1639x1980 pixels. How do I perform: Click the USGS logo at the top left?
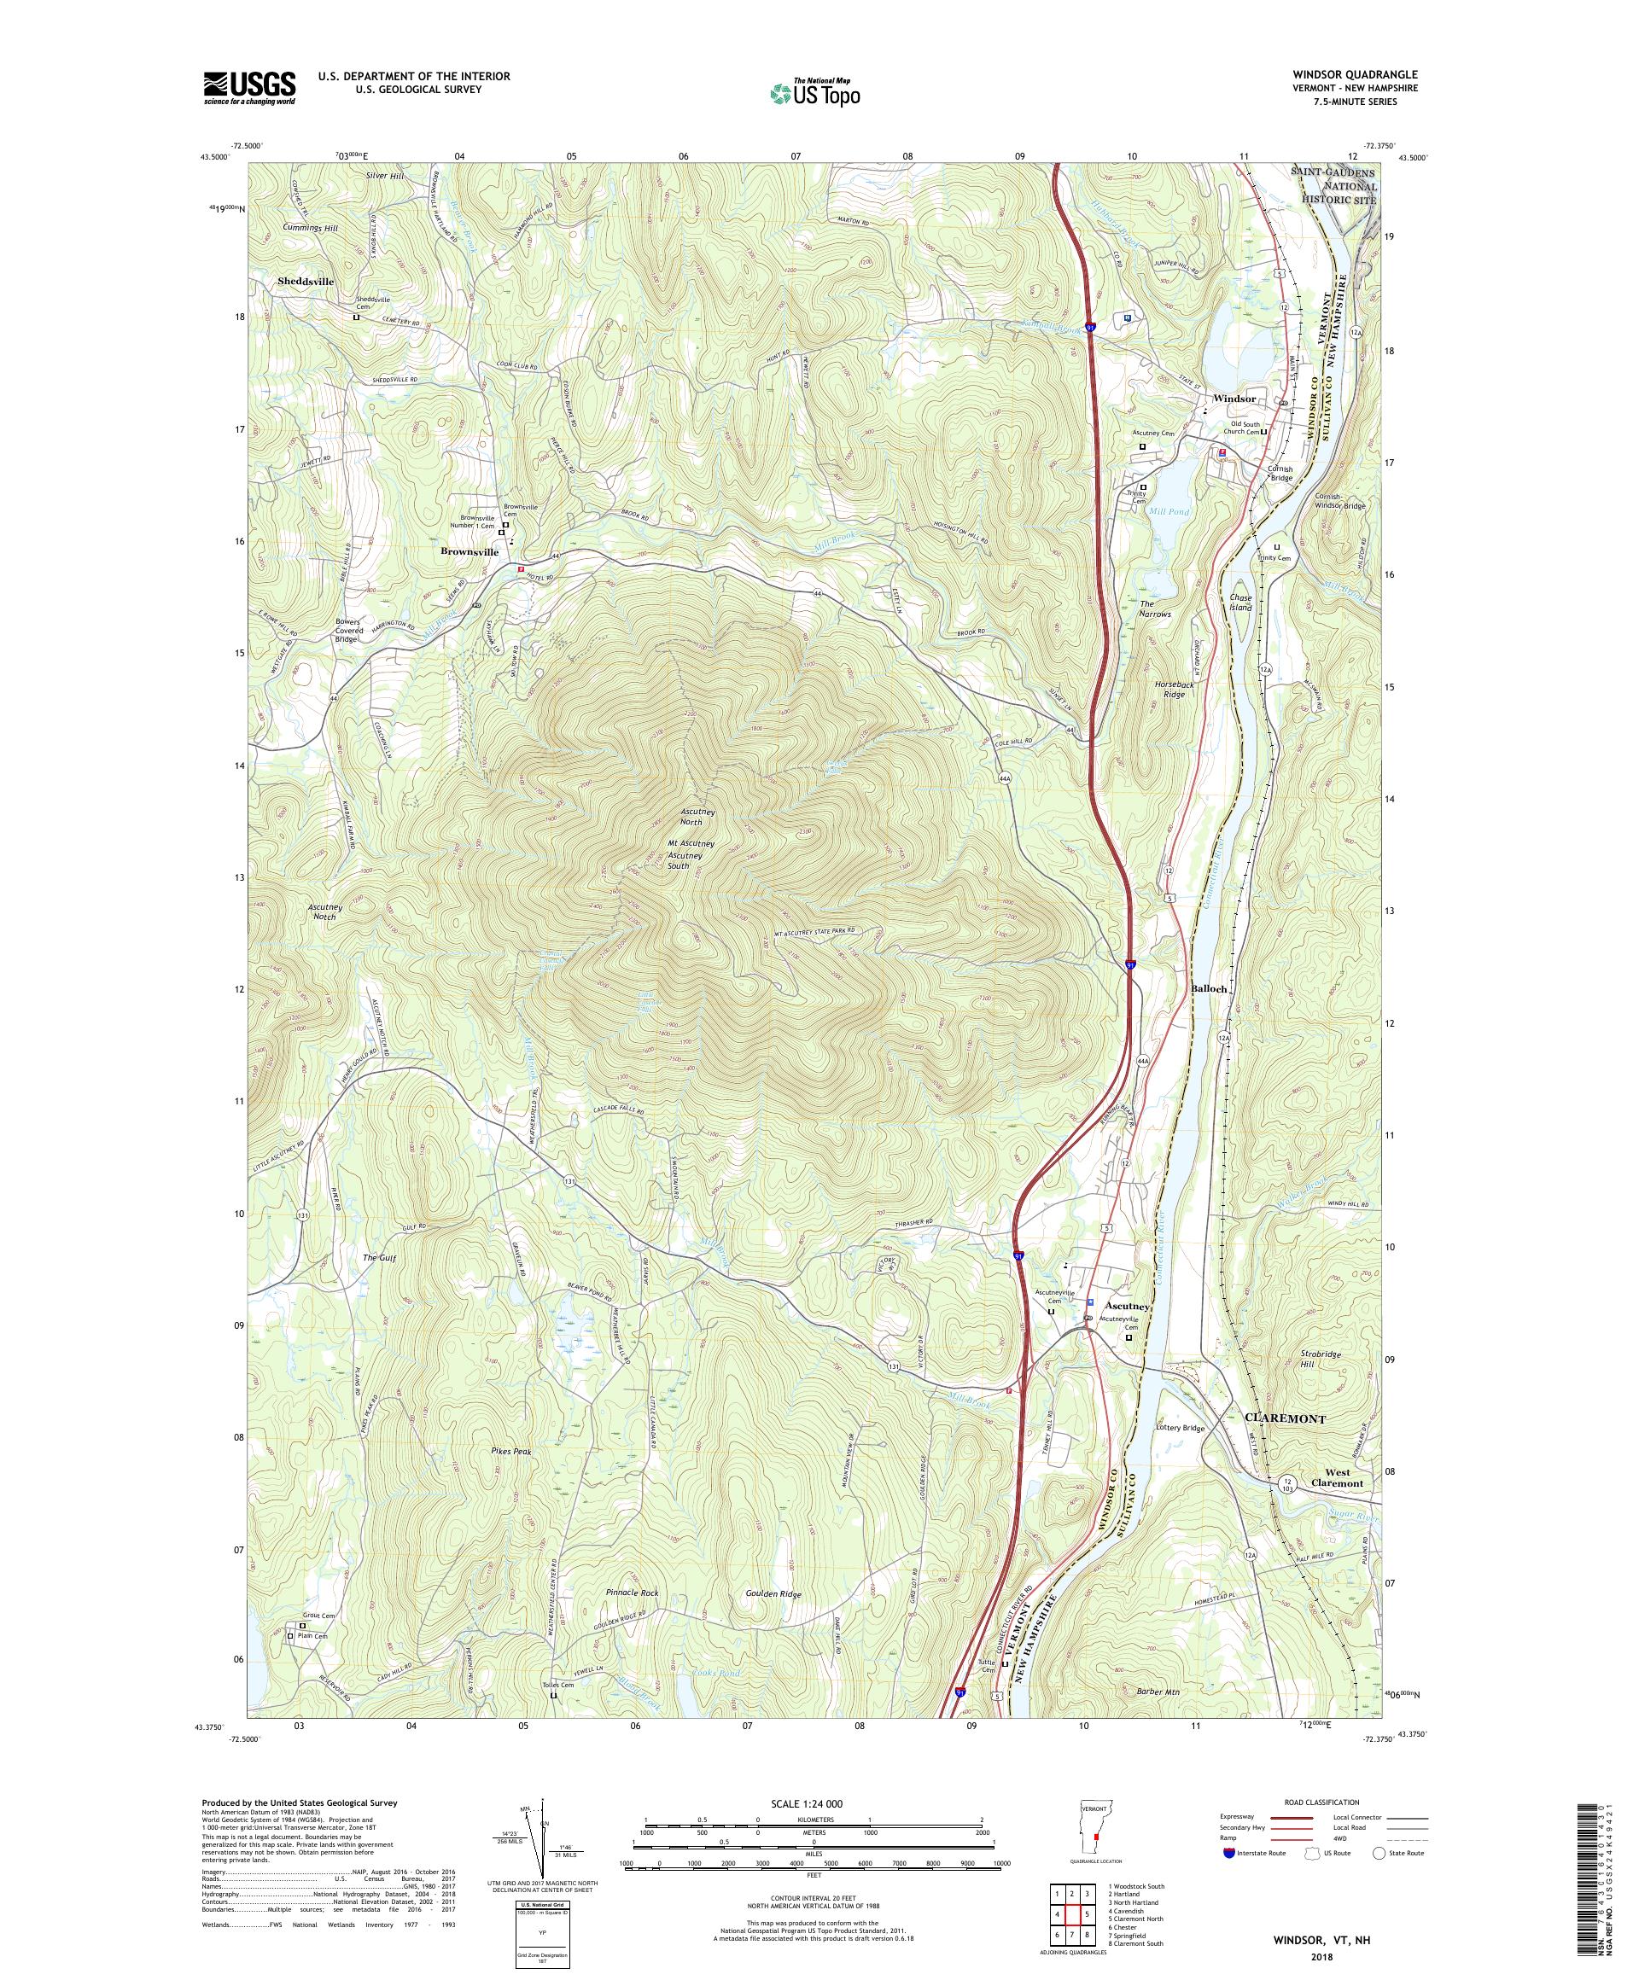click(x=249, y=89)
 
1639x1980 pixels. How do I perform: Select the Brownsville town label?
click(x=470, y=552)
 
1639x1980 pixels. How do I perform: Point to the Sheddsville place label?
click(x=306, y=281)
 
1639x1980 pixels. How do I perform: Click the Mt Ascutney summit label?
click(x=691, y=843)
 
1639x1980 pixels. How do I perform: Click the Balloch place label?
click(x=1208, y=989)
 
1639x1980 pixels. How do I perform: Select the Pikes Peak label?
click(x=511, y=1451)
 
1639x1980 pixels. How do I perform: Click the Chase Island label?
click(x=1240, y=603)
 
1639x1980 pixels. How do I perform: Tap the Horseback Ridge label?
click(x=1174, y=688)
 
